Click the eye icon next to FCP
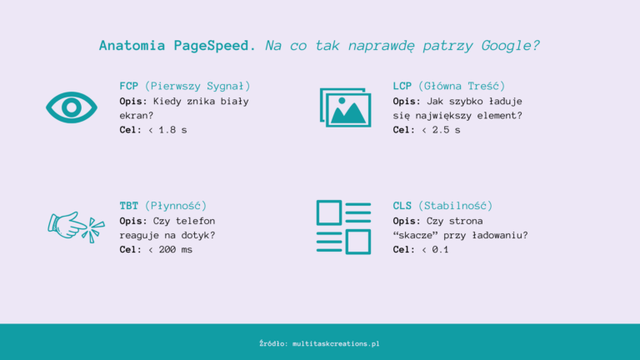72,107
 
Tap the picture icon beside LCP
345,107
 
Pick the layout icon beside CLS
343,227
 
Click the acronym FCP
129,86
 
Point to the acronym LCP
402,86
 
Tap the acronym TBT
129,205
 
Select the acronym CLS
402,205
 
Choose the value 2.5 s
445,130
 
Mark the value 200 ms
174,249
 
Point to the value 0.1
440,249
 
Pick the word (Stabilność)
456,205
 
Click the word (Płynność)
176,205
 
